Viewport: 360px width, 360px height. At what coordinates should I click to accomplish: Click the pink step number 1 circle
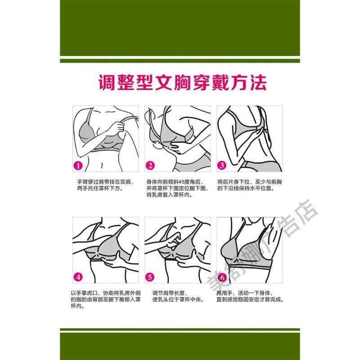click(x=78, y=166)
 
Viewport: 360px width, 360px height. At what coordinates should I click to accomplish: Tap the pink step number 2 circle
click(x=150, y=166)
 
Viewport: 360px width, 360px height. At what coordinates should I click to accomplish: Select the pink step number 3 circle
click(x=222, y=165)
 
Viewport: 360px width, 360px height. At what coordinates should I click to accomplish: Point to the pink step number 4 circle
click(x=78, y=277)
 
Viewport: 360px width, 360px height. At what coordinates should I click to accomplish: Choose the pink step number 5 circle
click(x=150, y=277)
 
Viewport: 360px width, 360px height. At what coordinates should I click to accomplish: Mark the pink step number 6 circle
click(x=222, y=278)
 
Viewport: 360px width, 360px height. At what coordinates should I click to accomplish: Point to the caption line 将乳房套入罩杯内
click(x=170, y=195)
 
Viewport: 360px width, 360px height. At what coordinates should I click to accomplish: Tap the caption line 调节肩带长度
click(x=170, y=293)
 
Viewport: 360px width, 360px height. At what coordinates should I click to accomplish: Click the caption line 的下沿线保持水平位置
click(x=246, y=189)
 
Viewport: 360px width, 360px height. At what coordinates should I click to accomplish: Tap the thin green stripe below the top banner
click(x=180, y=61)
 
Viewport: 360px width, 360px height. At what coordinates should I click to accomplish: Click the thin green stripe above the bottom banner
click(x=180, y=329)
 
